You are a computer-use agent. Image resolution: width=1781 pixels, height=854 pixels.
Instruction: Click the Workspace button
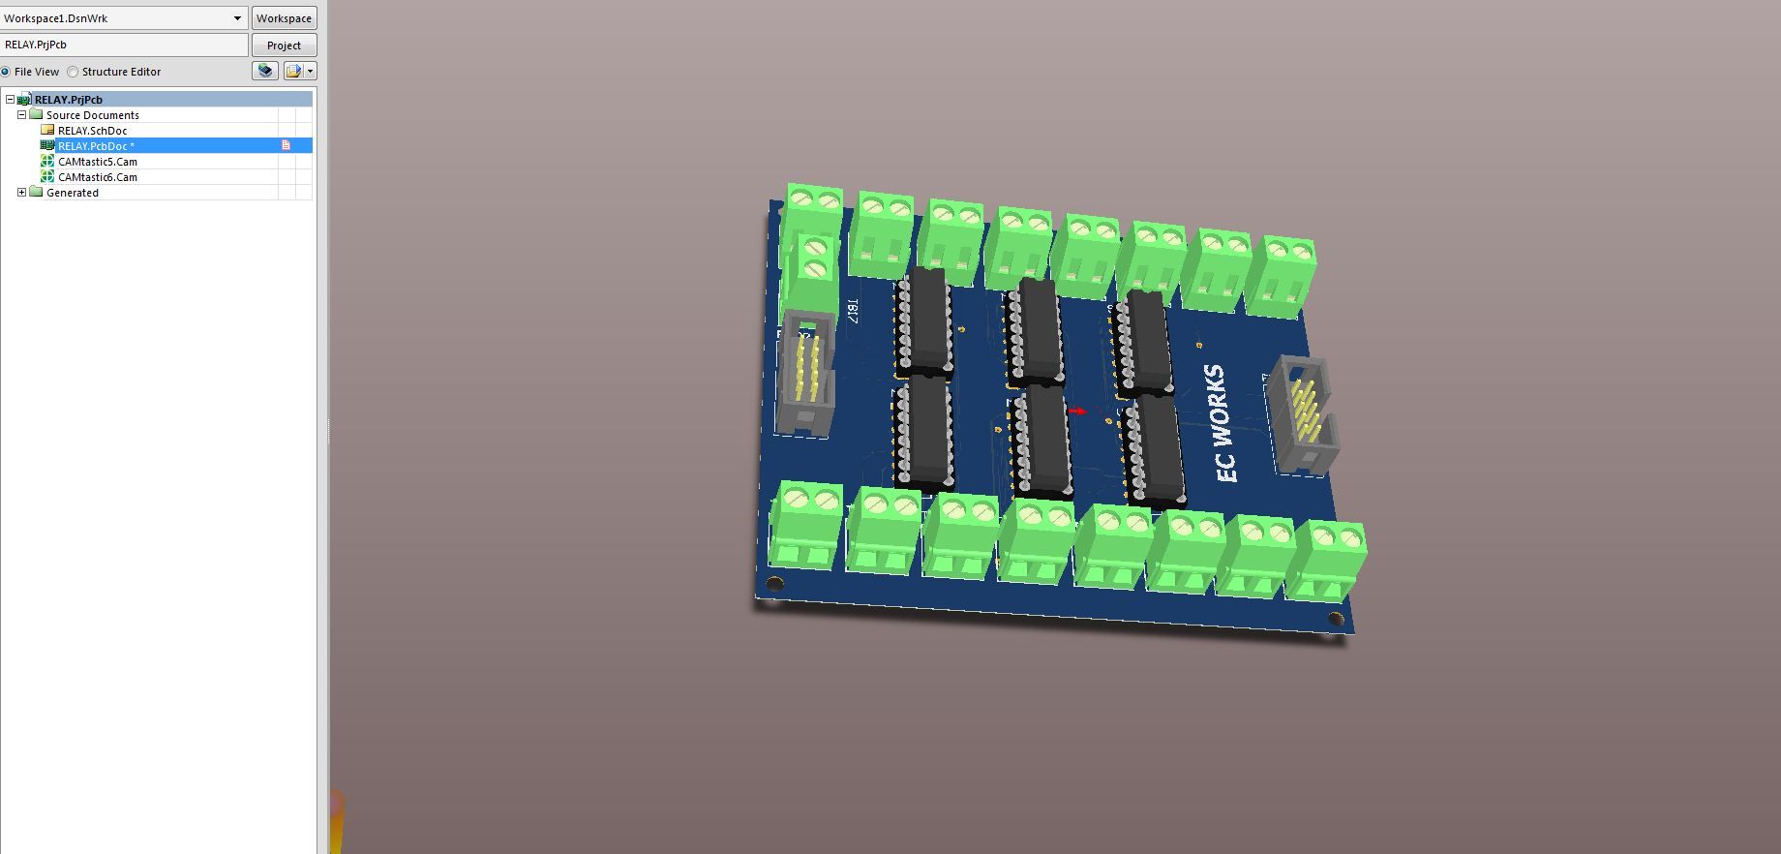pyautogui.click(x=284, y=18)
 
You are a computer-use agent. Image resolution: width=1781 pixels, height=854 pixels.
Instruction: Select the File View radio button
pyautogui.click(x=6, y=72)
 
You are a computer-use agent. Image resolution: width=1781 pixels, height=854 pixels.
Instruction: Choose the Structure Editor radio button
pyautogui.click(x=74, y=72)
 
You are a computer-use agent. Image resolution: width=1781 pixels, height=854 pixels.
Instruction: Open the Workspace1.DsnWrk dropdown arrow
pyautogui.click(x=237, y=18)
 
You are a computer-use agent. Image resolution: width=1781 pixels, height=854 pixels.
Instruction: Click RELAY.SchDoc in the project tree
pyautogui.click(x=92, y=131)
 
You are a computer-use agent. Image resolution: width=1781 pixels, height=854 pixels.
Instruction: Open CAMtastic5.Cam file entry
pyautogui.click(x=97, y=162)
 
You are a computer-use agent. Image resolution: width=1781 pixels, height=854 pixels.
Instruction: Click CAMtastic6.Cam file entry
pyautogui.click(x=97, y=177)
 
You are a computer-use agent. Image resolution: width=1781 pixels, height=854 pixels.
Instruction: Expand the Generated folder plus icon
pyautogui.click(x=21, y=193)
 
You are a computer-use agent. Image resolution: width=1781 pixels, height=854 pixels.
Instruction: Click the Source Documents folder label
pyautogui.click(x=92, y=115)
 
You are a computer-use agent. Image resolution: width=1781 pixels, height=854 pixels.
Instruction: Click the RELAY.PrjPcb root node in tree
pyautogui.click(x=68, y=100)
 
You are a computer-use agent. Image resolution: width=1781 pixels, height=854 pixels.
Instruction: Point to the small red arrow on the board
pyautogui.click(x=1076, y=412)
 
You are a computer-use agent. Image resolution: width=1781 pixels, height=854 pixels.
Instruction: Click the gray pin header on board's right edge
pyautogui.click(x=1303, y=415)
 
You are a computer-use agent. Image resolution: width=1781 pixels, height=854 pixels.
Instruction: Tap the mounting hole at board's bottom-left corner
pyautogui.click(x=774, y=583)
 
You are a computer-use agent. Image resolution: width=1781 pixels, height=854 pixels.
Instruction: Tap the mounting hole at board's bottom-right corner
pyautogui.click(x=1336, y=618)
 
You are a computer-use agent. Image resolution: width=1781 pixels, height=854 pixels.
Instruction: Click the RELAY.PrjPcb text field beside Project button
pyautogui.click(x=124, y=45)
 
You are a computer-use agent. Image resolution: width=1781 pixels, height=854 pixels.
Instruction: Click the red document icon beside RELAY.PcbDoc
pyautogui.click(x=286, y=145)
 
